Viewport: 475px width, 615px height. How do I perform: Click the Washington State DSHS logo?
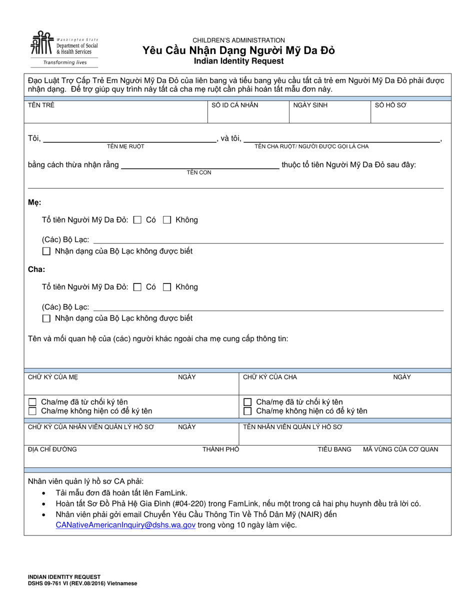tap(64, 48)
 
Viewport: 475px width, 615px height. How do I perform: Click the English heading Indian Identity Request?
tap(239, 61)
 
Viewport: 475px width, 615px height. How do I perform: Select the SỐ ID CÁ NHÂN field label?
tap(235, 105)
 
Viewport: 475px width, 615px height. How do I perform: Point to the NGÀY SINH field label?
tap(310, 105)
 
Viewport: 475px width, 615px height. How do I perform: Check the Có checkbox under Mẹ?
tap(138, 219)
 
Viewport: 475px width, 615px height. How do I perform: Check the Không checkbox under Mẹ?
tap(167, 219)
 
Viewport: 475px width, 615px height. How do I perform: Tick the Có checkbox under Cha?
tap(138, 287)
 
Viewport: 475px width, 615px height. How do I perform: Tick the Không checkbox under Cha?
tap(167, 287)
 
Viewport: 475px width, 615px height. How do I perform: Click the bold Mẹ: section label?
tap(34, 202)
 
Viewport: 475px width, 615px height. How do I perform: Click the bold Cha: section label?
tap(36, 269)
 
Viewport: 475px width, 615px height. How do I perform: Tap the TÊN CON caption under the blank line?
tap(199, 172)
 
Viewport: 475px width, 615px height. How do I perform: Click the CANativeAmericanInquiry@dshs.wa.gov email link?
tap(125, 525)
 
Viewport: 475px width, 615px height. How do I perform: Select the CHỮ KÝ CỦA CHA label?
tap(270, 377)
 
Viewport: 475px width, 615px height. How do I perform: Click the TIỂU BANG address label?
tap(334, 449)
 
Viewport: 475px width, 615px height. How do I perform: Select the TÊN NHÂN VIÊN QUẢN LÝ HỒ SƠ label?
tap(293, 427)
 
